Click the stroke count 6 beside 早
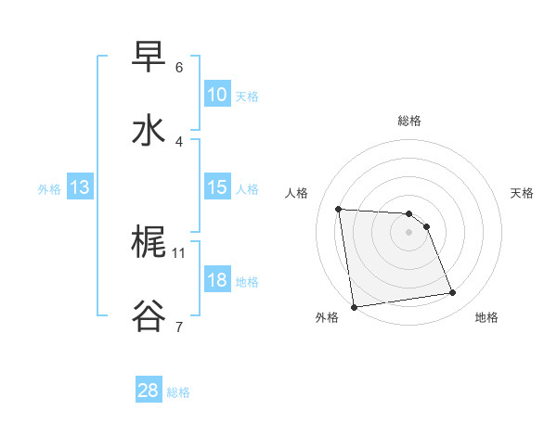pyautogui.click(x=179, y=67)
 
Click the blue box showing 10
pyautogui.click(x=217, y=95)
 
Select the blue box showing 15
pyautogui.click(x=217, y=187)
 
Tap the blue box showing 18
pyautogui.click(x=217, y=280)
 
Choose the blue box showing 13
pyautogui.click(x=80, y=188)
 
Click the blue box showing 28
pyautogui.click(x=149, y=391)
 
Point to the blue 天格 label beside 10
pyautogui.click(x=247, y=96)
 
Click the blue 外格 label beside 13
pyautogui.click(x=49, y=189)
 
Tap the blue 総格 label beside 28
pyautogui.click(x=178, y=392)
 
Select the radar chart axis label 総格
pyautogui.click(x=409, y=121)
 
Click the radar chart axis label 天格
pyautogui.click(x=523, y=193)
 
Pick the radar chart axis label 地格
pyautogui.click(x=486, y=317)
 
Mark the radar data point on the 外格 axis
pyautogui.click(x=354, y=306)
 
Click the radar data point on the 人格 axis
pyautogui.click(x=339, y=209)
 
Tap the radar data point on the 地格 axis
pyautogui.click(x=453, y=293)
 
